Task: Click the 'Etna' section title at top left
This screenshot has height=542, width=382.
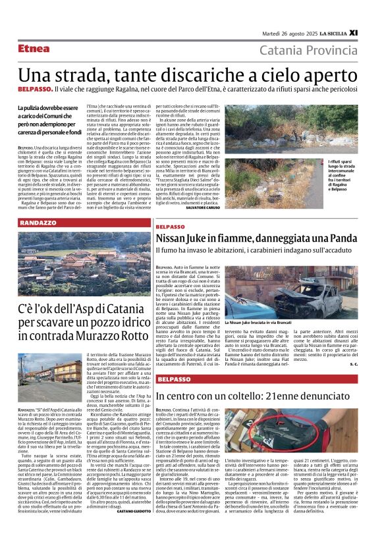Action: coord(34,49)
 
